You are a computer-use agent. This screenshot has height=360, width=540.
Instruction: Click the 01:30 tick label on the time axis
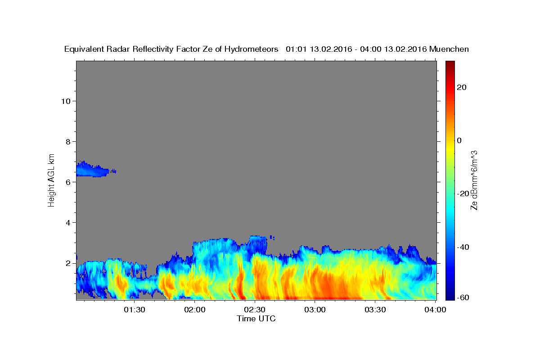pyautogui.click(x=135, y=310)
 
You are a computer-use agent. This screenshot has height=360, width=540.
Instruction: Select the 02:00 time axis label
pyautogui.click(x=195, y=310)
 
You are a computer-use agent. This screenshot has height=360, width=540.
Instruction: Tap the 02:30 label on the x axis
pyautogui.click(x=255, y=310)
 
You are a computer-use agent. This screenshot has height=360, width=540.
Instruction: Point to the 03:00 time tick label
pyautogui.click(x=315, y=310)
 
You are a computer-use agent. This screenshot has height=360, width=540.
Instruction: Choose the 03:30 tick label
pyautogui.click(x=375, y=310)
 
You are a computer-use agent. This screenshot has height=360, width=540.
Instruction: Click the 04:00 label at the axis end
pyautogui.click(x=436, y=310)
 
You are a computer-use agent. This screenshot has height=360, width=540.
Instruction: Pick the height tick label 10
pyautogui.click(x=66, y=101)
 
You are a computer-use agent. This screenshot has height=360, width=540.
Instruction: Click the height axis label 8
pyautogui.click(x=68, y=142)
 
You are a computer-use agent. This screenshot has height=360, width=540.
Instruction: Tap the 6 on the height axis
pyautogui.click(x=68, y=182)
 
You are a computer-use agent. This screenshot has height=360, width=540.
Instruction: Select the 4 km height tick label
pyautogui.click(x=68, y=223)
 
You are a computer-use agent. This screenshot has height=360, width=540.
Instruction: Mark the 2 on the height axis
pyautogui.click(x=68, y=263)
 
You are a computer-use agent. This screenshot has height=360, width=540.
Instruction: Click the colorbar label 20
pyautogui.click(x=462, y=87)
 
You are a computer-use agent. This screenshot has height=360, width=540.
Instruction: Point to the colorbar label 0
pyautogui.click(x=459, y=140)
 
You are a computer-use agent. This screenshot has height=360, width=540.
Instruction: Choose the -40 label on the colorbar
pyautogui.click(x=463, y=247)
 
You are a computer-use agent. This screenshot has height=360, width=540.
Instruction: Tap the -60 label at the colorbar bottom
pyautogui.click(x=463, y=297)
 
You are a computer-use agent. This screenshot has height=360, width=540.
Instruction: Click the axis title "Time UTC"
pyautogui.click(x=256, y=319)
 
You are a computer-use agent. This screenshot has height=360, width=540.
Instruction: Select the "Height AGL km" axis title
pyautogui.click(x=51, y=180)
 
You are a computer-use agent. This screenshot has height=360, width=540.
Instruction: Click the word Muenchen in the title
pyautogui.click(x=449, y=49)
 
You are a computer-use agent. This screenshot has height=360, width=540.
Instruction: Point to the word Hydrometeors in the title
pyautogui.click(x=251, y=49)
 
